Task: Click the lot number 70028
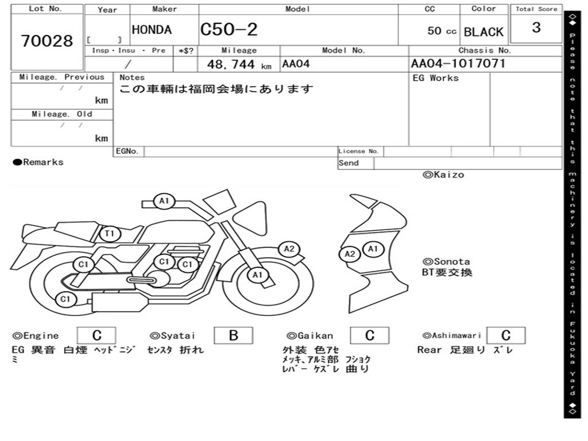pos(47,41)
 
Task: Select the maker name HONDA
pos(152,30)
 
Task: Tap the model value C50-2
pos(229,30)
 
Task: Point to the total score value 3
pos(536,28)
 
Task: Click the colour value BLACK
pos(483,32)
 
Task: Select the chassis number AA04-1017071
pos(458,64)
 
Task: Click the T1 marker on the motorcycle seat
pos(110,233)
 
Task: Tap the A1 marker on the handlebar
pos(164,201)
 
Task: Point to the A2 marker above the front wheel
pos(289,249)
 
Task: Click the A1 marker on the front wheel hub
pos(257,275)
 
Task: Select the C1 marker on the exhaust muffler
pos(65,299)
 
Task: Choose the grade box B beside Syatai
pos(233,335)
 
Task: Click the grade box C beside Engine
pos(96,335)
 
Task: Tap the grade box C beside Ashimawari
pos(505,335)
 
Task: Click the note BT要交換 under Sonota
pos(447,273)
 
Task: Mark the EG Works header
pos(436,78)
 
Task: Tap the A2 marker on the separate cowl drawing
pos(350,254)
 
